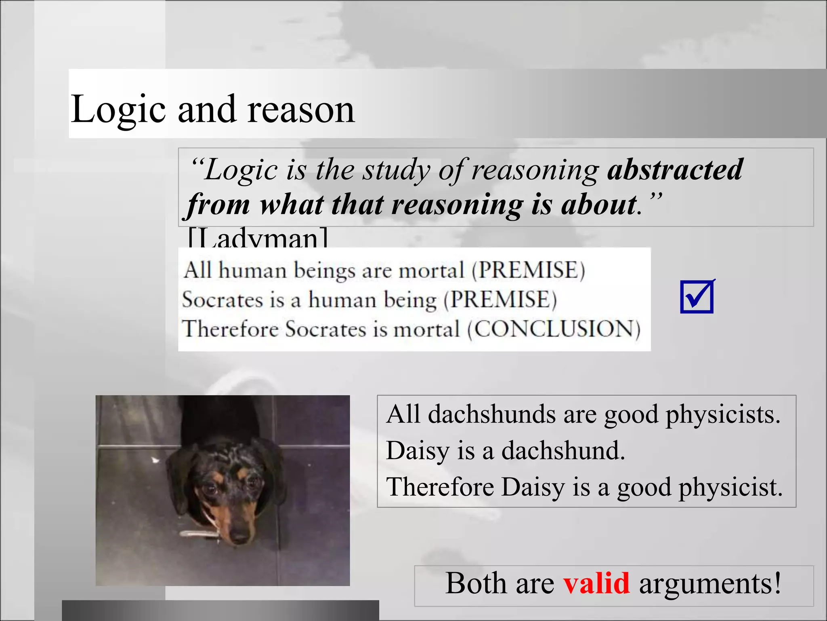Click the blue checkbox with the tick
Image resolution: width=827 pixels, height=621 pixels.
697,297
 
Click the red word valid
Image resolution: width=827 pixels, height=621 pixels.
596,583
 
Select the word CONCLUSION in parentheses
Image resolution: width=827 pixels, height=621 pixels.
554,329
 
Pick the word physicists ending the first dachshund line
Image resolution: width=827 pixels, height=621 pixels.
723,414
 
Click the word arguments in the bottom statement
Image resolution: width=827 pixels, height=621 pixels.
709,583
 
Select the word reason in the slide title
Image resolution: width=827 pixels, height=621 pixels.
301,109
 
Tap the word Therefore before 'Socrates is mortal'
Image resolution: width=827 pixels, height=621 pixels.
231,329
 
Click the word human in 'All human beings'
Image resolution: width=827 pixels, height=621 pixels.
253,270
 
